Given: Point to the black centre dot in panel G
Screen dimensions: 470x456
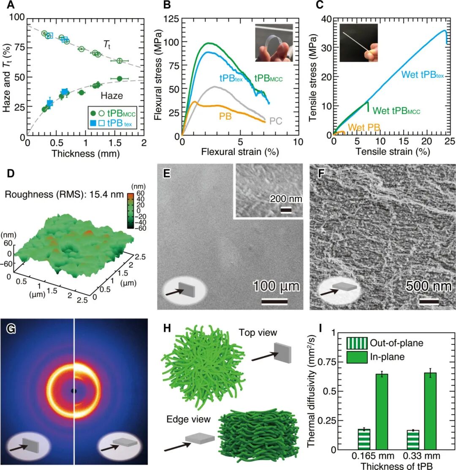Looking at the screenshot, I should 74,391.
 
